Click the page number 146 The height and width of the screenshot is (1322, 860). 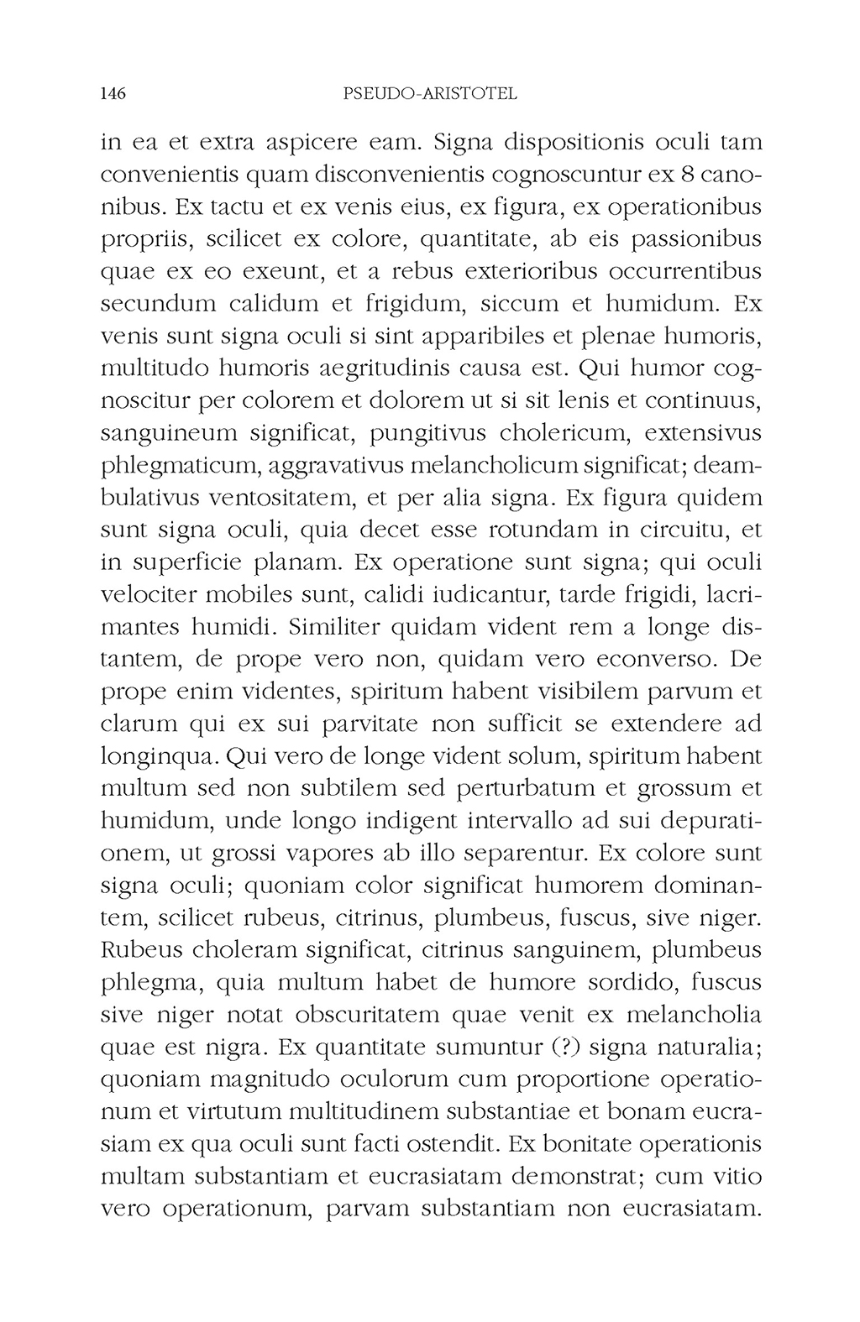(x=113, y=94)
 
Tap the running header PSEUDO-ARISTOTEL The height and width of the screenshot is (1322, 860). (x=431, y=94)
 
